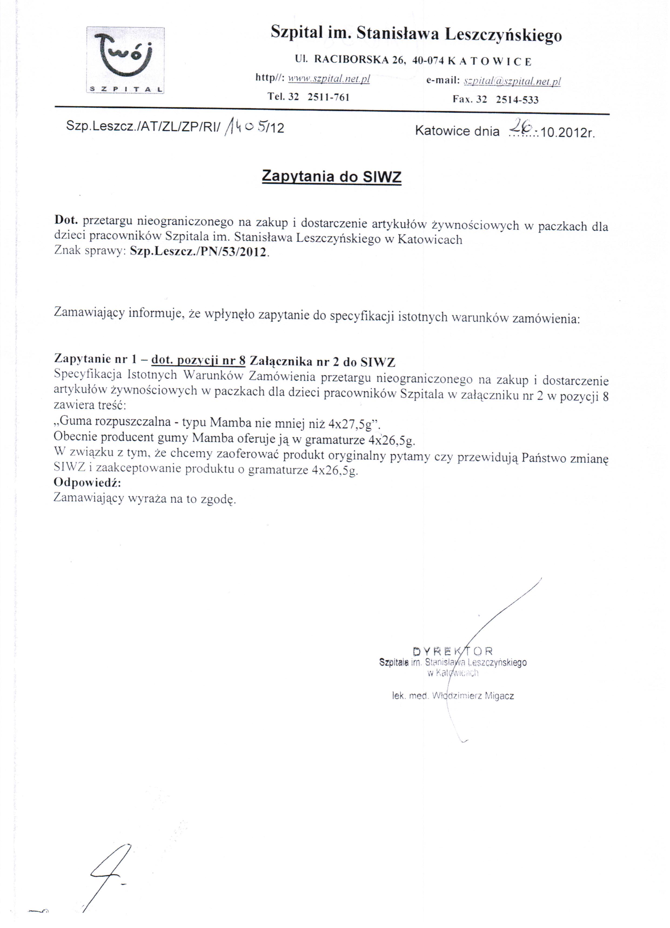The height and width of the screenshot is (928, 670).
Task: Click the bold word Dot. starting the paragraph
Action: [66, 220]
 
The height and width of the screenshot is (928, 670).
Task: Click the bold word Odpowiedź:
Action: [87, 482]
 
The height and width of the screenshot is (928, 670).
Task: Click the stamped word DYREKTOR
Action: [453, 651]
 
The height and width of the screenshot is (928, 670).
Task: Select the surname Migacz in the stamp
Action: [499, 696]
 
